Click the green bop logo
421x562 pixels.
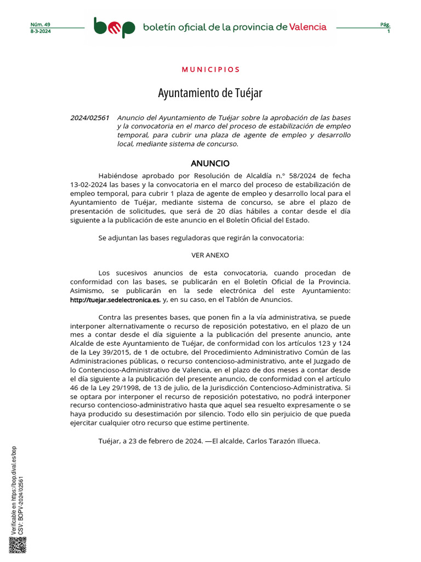point(113,27)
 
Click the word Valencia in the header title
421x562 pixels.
point(308,27)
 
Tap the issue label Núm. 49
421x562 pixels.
point(40,25)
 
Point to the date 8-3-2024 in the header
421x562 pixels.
point(40,31)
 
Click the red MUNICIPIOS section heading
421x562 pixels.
point(210,70)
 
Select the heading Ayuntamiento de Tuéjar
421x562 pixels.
point(210,93)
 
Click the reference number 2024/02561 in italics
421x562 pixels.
point(90,118)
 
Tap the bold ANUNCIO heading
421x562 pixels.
point(210,164)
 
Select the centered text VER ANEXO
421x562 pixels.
point(210,255)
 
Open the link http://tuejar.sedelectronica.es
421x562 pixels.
point(115,300)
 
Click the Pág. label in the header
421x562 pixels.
point(385,25)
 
